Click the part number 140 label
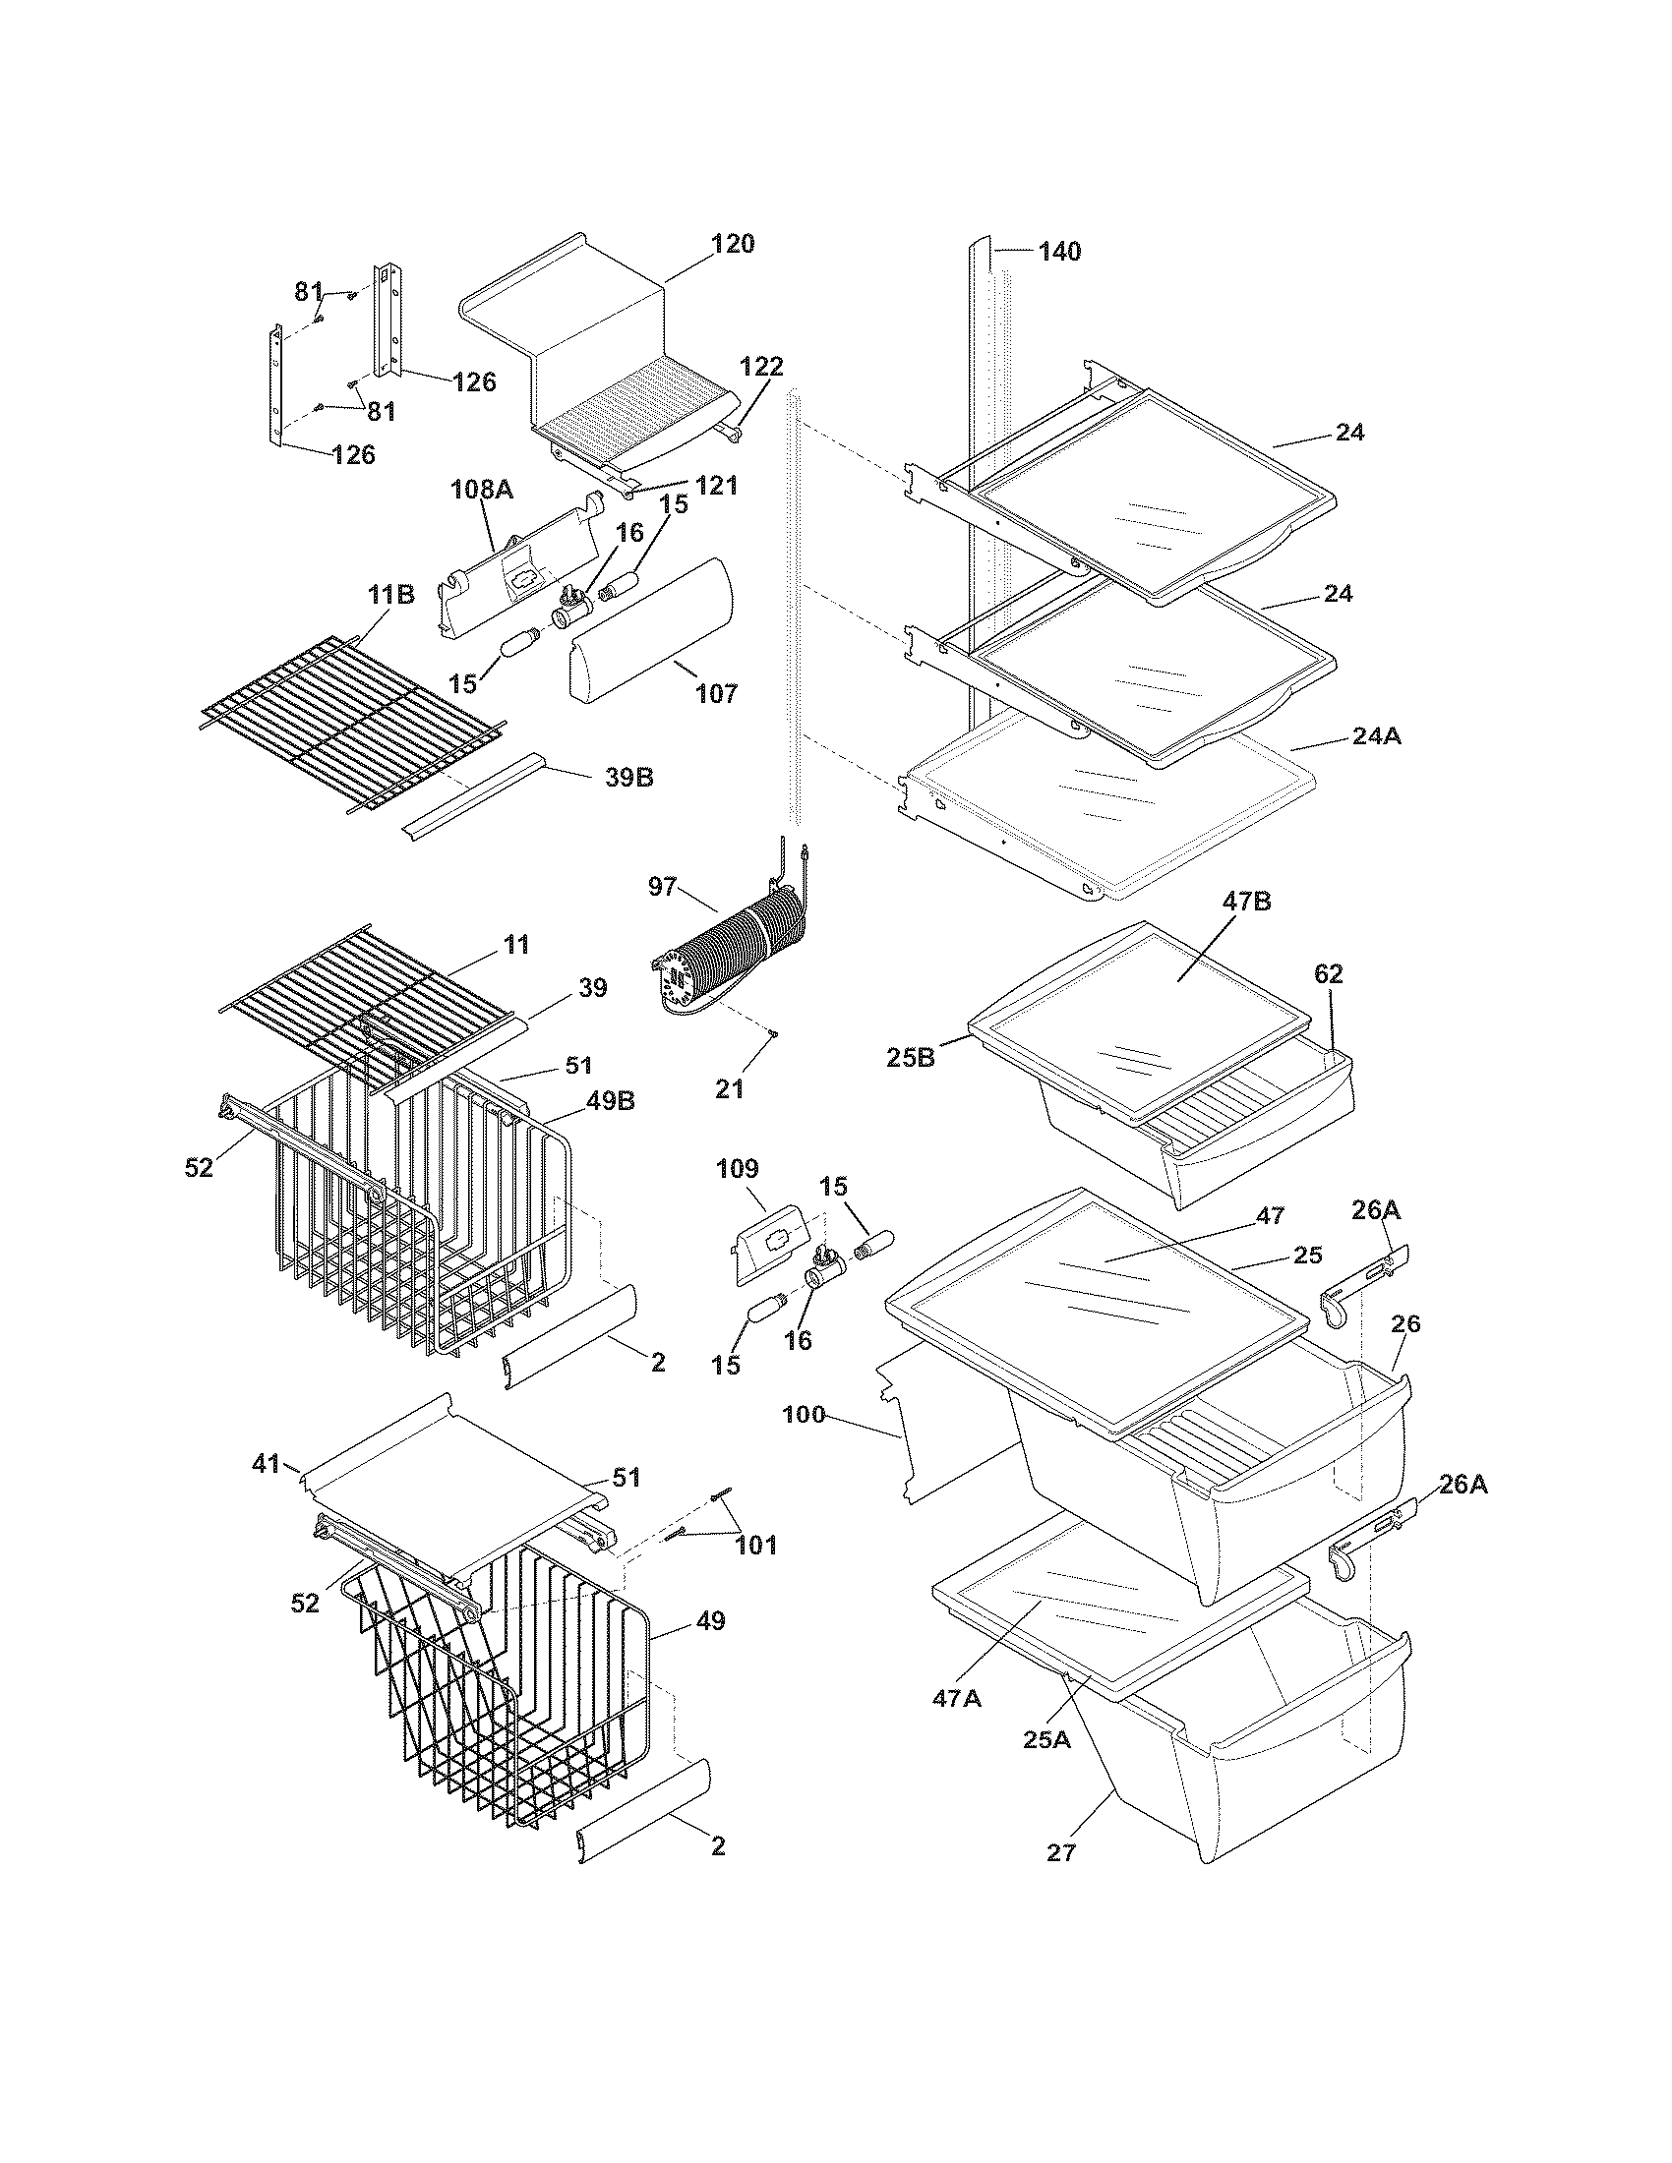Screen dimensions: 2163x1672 [1059, 252]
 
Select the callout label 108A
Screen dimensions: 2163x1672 [481, 489]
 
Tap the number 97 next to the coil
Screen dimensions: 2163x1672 [662, 887]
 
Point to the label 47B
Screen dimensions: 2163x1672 [1246, 902]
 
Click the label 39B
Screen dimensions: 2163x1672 [629, 778]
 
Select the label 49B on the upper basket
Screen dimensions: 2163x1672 [610, 1101]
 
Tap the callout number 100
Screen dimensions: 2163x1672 [804, 1415]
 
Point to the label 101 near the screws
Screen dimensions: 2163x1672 [755, 1544]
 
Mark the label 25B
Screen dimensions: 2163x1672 [911, 1058]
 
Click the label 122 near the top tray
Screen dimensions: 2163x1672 [760, 367]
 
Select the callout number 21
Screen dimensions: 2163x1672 [729, 1088]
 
